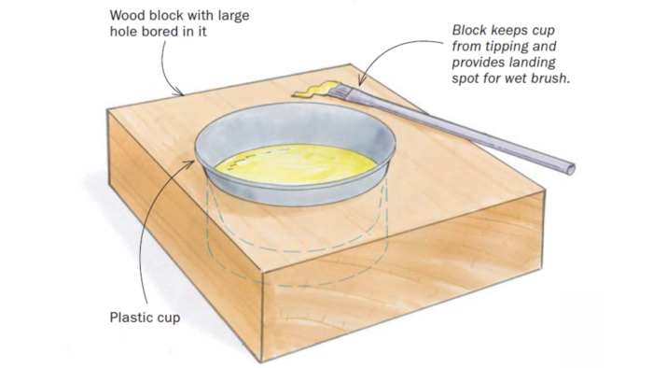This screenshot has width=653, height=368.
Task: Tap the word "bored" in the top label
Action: [x=160, y=32]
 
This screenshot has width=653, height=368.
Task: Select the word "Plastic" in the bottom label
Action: [x=127, y=318]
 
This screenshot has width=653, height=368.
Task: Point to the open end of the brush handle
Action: [x=570, y=169]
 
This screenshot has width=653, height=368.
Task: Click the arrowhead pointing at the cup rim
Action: [x=190, y=163]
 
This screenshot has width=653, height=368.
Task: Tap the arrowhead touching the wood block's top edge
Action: [x=179, y=91]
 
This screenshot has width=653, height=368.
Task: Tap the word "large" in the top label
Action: [x=233, y=17]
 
